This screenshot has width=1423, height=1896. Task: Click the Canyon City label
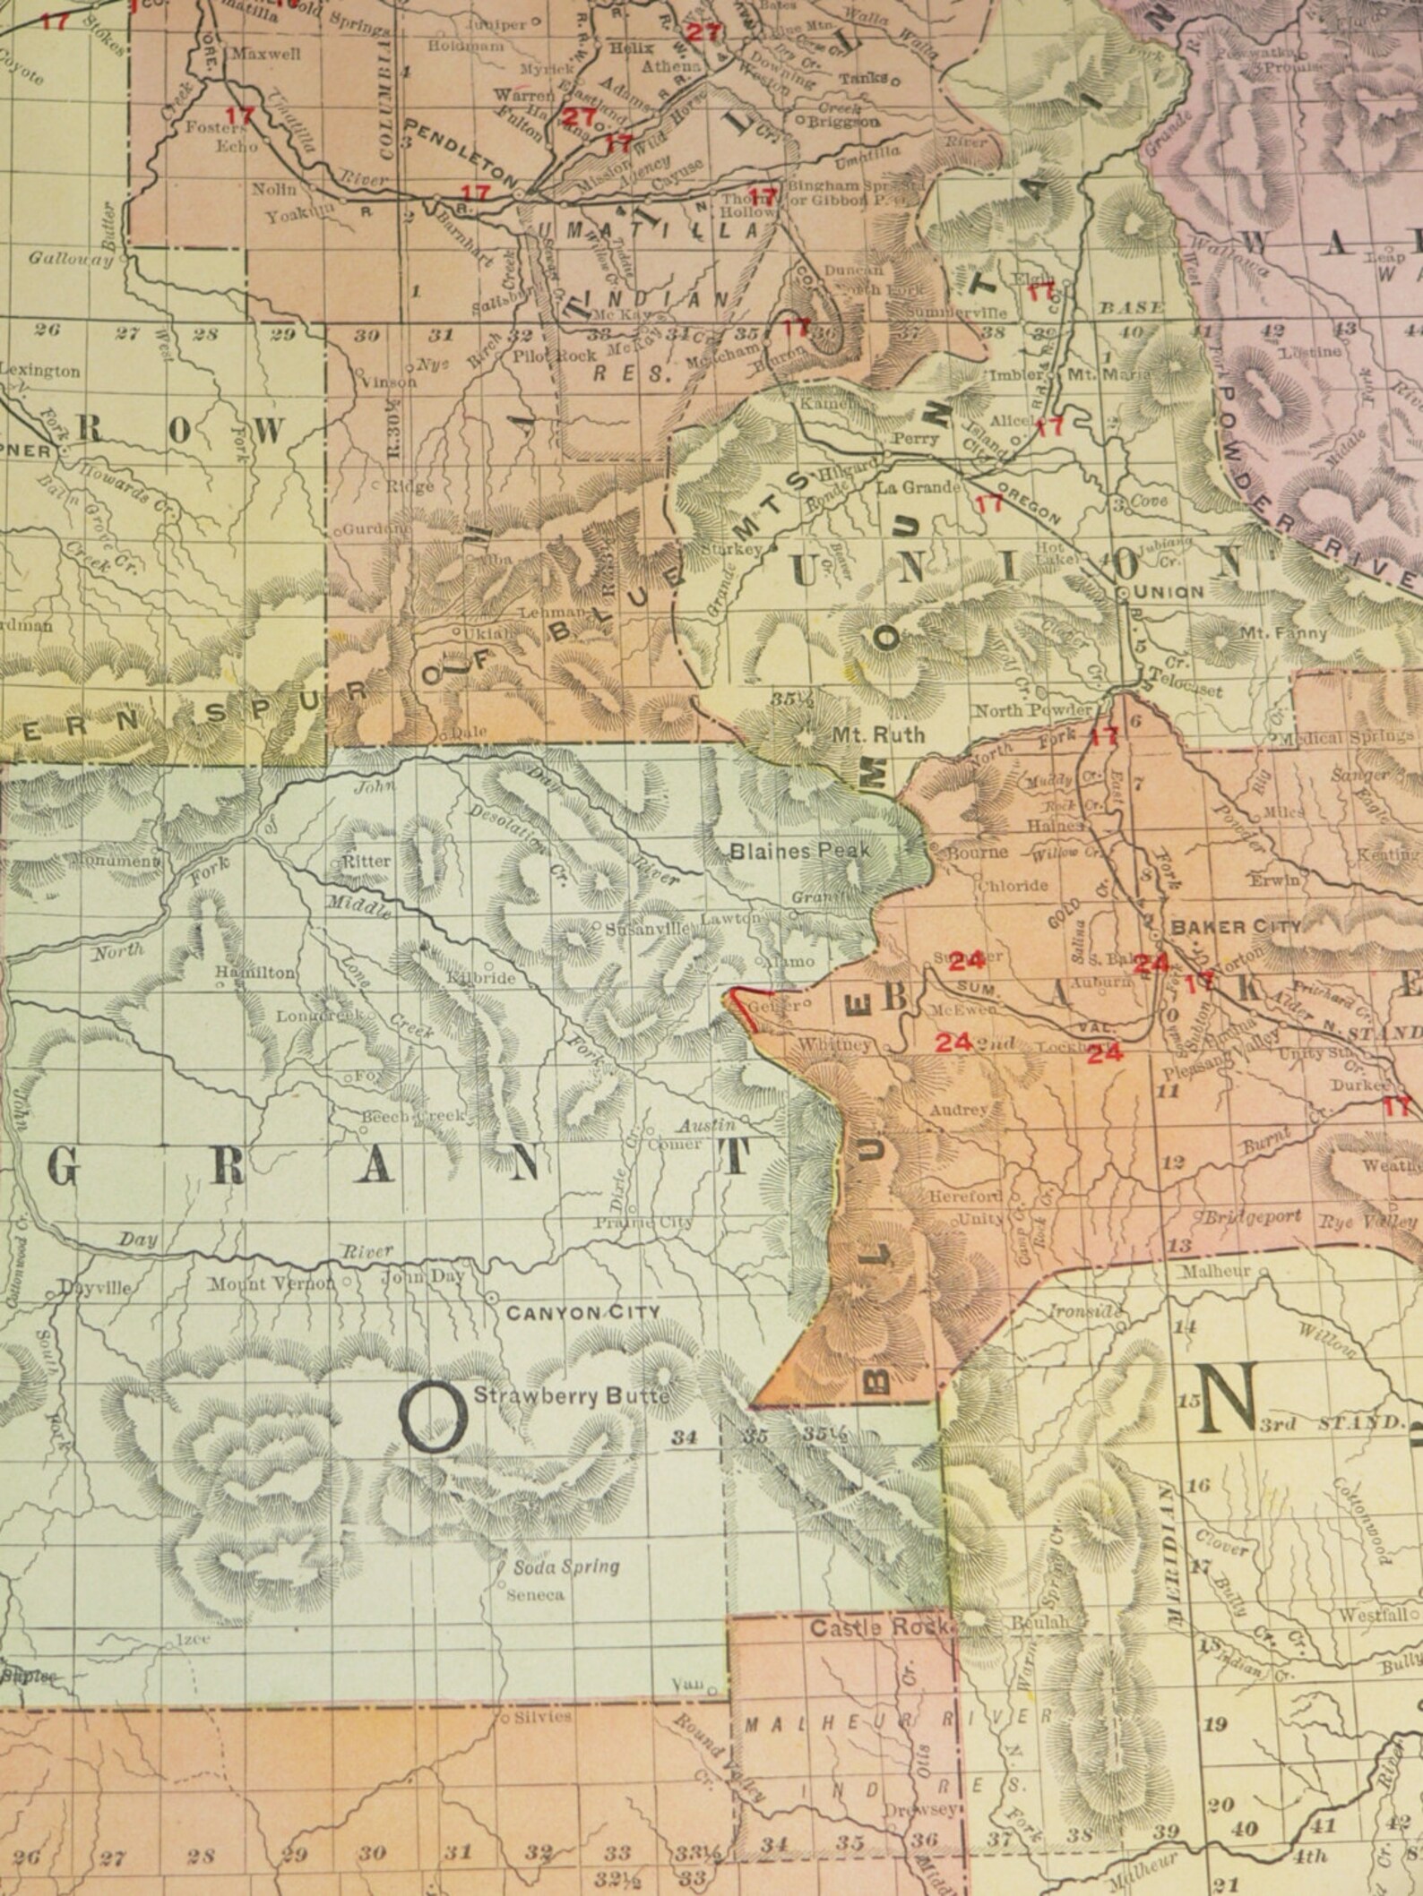tap(582, 1312)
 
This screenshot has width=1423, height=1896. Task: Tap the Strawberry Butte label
tap(571, 1394)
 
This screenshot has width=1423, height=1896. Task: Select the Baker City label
tap(1235, 926)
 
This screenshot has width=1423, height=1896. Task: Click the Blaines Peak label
tap(799, 850)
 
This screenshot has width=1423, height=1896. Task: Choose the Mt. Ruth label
tap(867, 734)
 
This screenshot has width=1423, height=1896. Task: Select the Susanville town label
tap(649, 929)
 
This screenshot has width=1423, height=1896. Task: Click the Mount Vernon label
tap(272, 1283)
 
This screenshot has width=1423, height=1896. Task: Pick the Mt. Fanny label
tap(1283, 632)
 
